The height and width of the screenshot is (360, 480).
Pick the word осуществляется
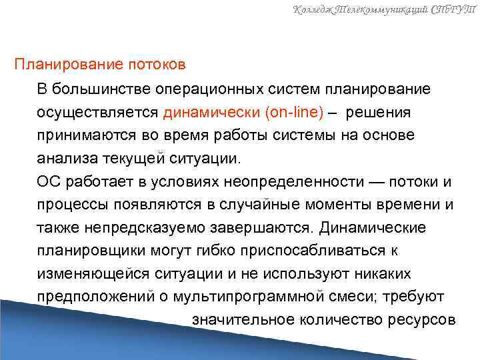pyautogui.click(x=97, y=112)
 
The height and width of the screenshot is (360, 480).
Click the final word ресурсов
pyautogui.click(x=421, y=319)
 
